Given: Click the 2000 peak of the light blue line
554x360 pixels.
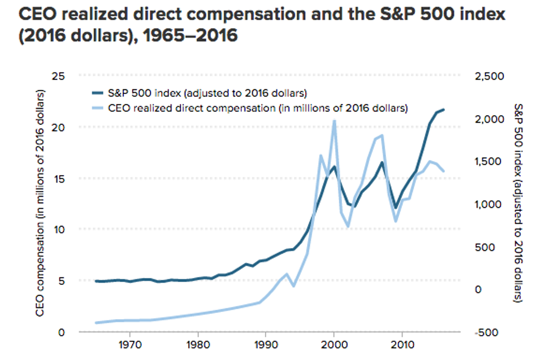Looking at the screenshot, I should point(334,120).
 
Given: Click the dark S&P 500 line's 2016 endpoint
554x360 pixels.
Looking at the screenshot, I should point(443,110).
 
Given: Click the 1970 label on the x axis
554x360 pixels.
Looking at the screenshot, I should point(129,344).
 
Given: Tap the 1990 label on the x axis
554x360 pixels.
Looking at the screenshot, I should point(266,344).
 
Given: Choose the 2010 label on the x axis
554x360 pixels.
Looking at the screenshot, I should point(401,344).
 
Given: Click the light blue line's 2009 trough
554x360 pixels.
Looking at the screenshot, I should point(396,220).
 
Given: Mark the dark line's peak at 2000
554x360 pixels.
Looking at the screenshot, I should point(334,167).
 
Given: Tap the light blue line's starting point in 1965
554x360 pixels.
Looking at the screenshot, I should point(96,323).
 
